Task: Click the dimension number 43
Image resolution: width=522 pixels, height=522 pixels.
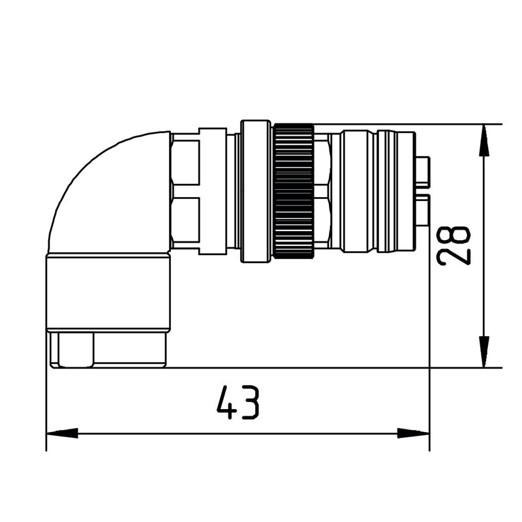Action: tap(238, 403)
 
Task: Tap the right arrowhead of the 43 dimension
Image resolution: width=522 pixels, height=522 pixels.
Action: tap(414, 433)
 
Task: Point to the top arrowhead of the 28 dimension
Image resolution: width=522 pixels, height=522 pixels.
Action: tap(484, 141)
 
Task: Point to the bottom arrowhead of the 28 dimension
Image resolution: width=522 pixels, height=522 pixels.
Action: tap(484, 351)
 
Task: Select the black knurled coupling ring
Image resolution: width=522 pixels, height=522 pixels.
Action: tap(293, 191)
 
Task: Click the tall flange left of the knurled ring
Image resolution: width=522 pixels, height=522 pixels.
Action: tap(255, 191)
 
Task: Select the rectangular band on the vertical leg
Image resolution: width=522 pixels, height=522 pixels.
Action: tap(108, 294)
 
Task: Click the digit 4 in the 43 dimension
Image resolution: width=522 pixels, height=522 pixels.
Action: tap(226, 403)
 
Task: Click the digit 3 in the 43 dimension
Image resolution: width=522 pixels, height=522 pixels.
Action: tap(250, 403)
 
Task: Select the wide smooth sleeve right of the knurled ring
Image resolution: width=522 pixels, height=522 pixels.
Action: tap(358, 191)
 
